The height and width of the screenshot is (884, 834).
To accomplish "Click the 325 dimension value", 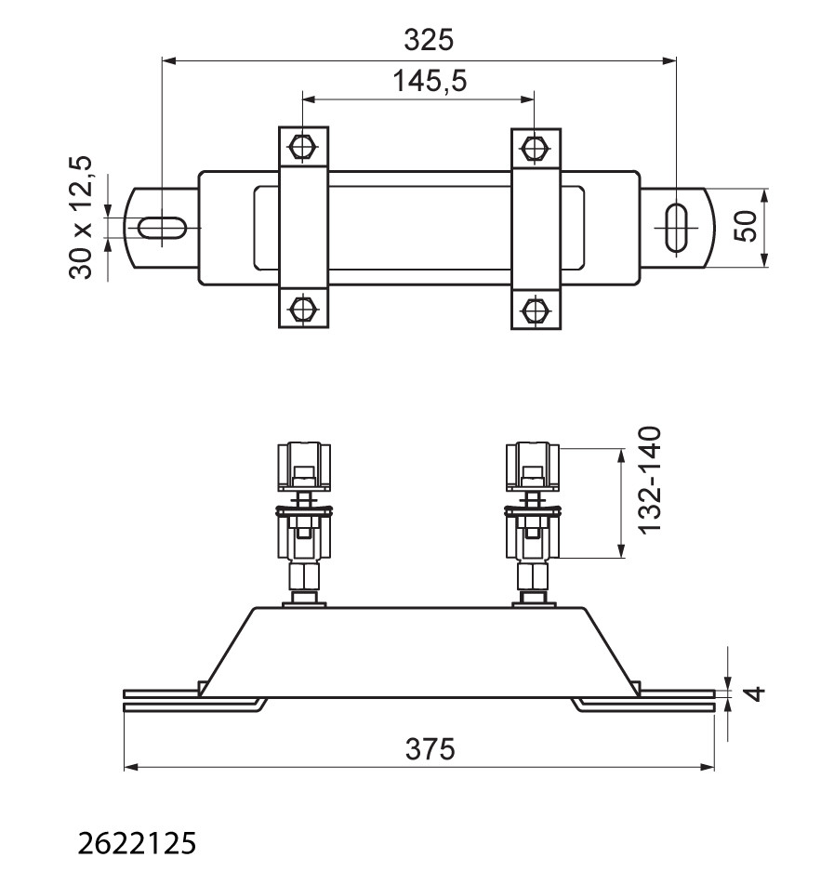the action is [429, 40].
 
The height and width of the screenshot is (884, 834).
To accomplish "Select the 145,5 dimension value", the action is [430, 81].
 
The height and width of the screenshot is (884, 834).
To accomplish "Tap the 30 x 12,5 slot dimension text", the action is [80, 218].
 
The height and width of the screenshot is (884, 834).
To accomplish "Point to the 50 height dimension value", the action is [747, 226].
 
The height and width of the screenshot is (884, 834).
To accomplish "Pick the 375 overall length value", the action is [430, 749].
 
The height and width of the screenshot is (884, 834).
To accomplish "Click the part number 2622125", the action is [137, 843].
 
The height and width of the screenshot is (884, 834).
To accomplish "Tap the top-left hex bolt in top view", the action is [303, 147].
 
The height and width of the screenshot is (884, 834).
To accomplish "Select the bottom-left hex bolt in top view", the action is [303, 309].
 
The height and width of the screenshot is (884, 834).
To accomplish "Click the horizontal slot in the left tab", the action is [163, 228].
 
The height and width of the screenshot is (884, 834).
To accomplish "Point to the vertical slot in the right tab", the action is [676, 228].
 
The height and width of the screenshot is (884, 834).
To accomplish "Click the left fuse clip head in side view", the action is [303, 467].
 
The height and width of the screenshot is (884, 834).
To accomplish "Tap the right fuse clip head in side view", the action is [533, 467].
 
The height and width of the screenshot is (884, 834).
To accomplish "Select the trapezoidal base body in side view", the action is [419, 653].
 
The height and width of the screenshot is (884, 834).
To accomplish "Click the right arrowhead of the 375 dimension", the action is [708, 767].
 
